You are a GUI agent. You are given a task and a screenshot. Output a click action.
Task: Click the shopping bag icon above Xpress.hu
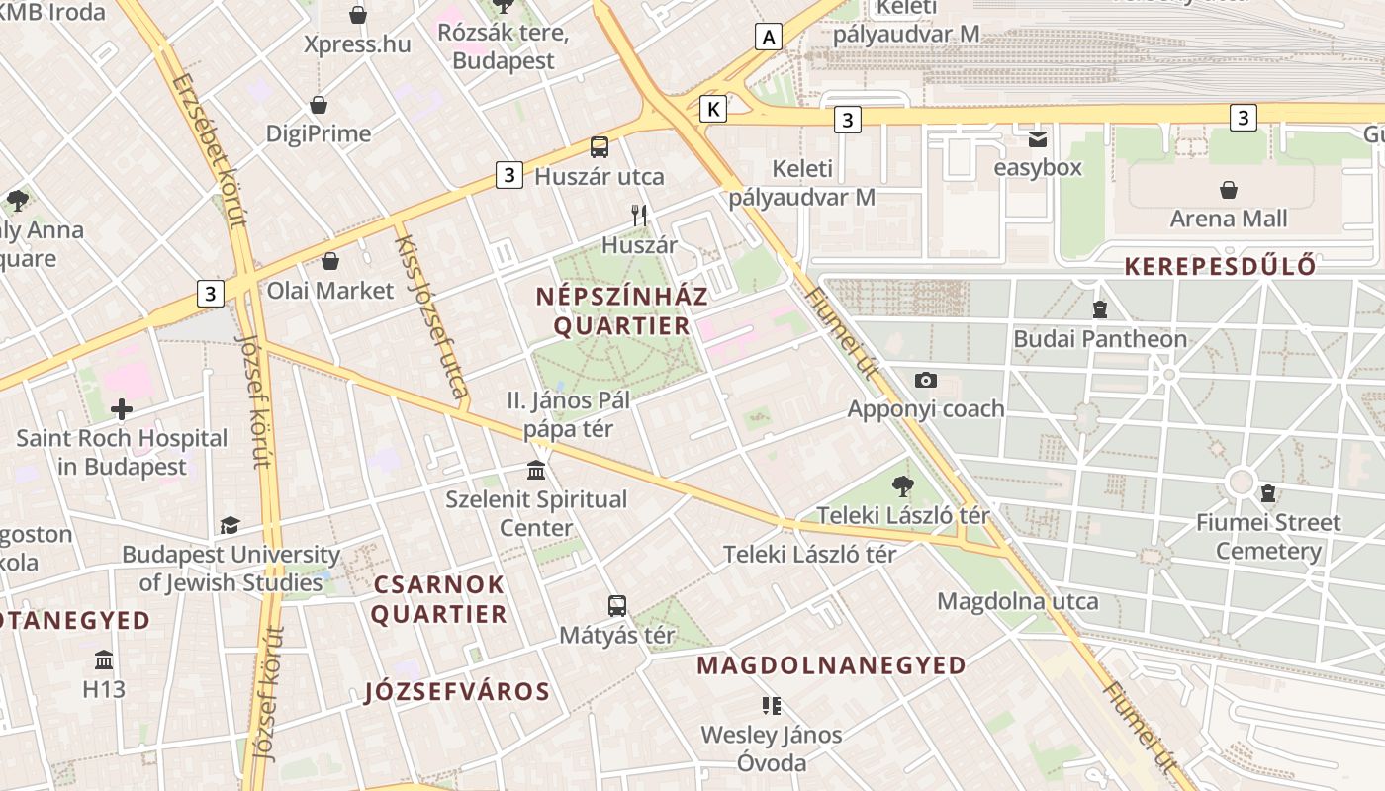pyautogui.click(x=358, y=15)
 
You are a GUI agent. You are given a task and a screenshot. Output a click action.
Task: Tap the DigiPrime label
pyautogui.click(x=319, y=133)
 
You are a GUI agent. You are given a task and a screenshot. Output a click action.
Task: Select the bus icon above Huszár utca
pyautogui.click(x=600, y=147)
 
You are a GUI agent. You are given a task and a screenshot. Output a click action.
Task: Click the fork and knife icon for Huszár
pyautogui.click(x=639, y=215)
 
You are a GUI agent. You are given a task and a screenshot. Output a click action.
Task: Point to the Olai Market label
pyautogui.click(x=330, y=291)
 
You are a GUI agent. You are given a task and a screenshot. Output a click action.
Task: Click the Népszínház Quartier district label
pyautogui.click(x=622, y=310)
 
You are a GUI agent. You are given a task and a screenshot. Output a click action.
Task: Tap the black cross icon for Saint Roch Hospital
pyautogui.click(x=122, y=407)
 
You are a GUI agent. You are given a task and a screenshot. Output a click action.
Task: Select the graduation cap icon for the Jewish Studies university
pyautogui.click(x=230, y=525)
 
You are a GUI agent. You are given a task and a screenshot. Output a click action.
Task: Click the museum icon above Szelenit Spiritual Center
pyautogui.click(x=536, y=469)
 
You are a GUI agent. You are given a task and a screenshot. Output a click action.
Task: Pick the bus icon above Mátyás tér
pyautogui.click(x=617, y=605)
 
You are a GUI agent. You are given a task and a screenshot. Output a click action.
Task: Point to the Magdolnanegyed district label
pyautogui.click(x=831, y=665)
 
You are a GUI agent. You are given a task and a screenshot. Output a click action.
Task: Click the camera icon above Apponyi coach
pyautogui.click(x=926, y=380)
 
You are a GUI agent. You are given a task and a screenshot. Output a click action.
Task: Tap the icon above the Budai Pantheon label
pyautogui.click(x=1099, y=309)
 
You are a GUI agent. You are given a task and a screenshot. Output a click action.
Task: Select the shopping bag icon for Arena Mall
pyautogui.click(x=1229, y=189)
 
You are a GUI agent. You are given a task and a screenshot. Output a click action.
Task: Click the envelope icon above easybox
pyautogui.click(x=1038, y=138)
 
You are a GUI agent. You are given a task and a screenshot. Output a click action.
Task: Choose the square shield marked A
pyautogui.click(x=769, y=38)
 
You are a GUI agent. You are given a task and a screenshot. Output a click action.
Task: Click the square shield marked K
pyautogui.click(x=712, y=109)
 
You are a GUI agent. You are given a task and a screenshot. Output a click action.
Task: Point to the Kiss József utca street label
pyautogui.click(x=431, y=316)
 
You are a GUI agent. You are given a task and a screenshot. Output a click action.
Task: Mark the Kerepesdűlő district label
pyautogui.click(x=1221, y=266)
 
